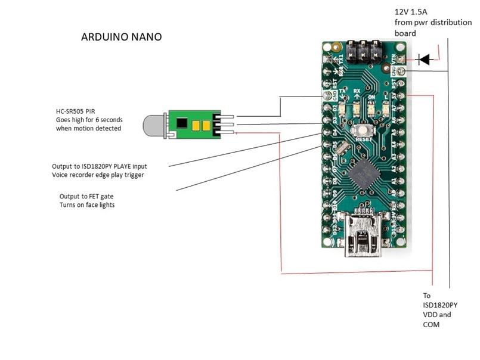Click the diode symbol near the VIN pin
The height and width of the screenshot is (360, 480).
pos(424,59)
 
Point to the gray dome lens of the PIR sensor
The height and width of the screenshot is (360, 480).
pos(153,124)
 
